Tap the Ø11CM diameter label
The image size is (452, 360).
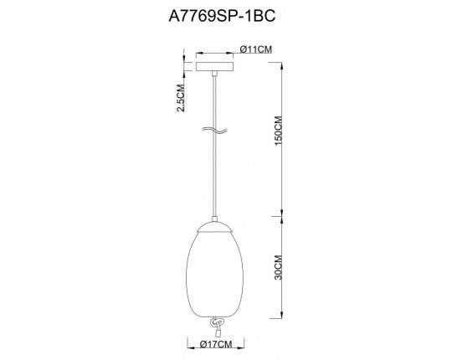point(254,50)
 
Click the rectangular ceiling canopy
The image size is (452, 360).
point(217,64)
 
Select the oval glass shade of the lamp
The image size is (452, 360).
point(217,272)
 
